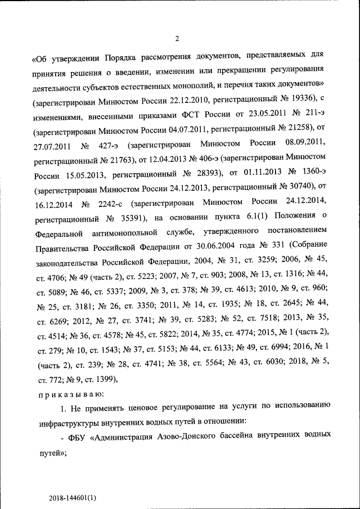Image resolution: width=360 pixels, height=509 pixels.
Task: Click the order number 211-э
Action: (311, 115)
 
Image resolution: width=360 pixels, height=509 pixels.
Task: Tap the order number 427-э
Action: (106, 144)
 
